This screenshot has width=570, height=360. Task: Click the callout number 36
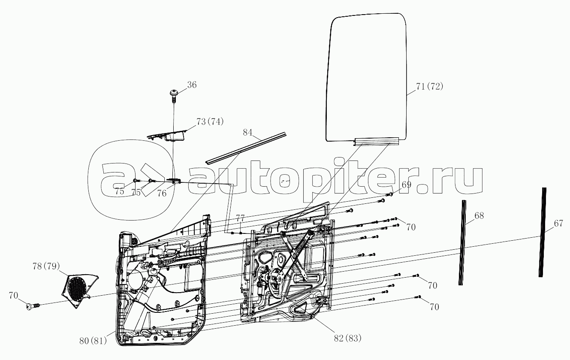point(192,85)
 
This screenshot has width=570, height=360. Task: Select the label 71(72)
point(429,86)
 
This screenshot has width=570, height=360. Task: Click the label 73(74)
point(210,121)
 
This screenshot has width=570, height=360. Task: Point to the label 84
point(247,132)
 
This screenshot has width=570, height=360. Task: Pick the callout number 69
point(406,185)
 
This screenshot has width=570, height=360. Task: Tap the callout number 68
point(479,216)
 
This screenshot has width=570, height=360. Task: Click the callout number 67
point(558,223)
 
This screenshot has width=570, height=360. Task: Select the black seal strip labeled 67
point(543,232)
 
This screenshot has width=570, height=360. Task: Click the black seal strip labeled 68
point(462,242)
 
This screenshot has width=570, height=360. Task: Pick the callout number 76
point(162,193)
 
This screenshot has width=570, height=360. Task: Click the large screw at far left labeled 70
point(31,306)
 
